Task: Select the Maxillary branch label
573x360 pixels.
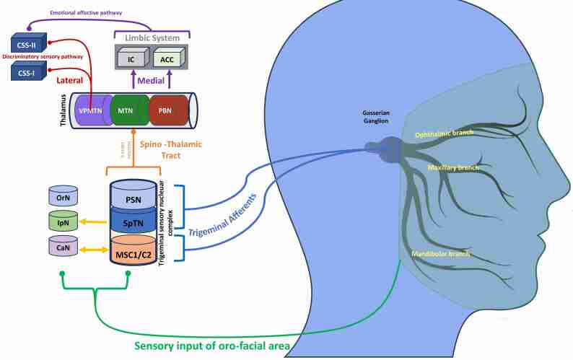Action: (453, 167)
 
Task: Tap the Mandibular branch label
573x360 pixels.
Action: (440, 254)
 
